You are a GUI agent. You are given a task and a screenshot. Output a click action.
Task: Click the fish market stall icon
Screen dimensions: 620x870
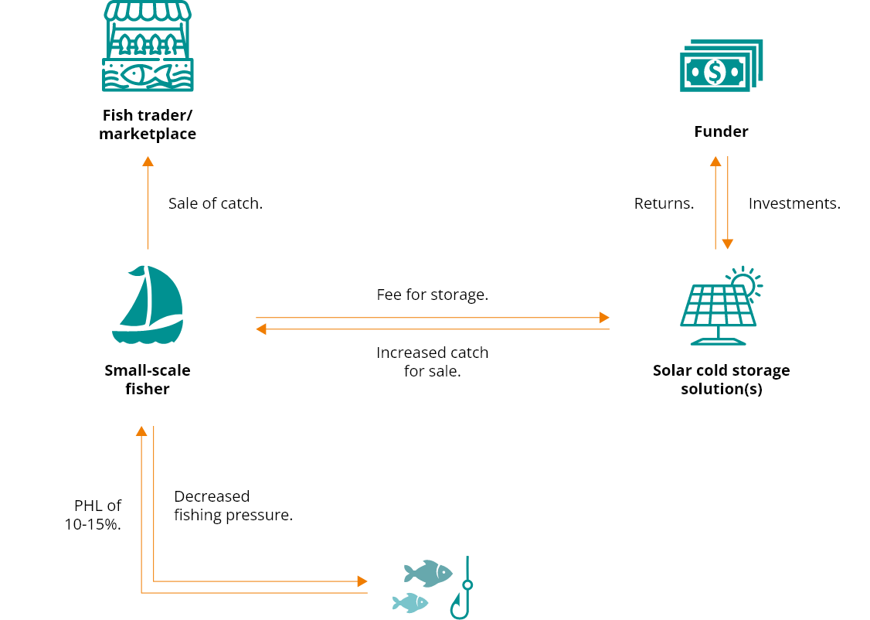click(x=148, y=46)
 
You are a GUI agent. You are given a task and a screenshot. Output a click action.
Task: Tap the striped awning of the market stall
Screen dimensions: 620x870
click(x=148, y=10)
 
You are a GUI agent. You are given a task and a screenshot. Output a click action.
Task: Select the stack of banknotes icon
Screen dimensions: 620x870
click(x=720, y=66)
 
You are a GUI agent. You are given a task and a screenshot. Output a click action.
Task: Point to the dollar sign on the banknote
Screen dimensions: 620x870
click(x=715, y=73)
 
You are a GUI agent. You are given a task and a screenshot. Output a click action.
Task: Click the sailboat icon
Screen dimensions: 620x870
click(x=148, y=305)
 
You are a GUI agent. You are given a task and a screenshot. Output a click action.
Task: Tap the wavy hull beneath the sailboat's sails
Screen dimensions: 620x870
click(x=147, y=333)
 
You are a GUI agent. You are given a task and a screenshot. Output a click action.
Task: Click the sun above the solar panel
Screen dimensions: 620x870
click(x=743, y=282)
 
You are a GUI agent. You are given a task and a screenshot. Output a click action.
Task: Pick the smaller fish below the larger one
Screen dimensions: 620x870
click(x=410, y=602)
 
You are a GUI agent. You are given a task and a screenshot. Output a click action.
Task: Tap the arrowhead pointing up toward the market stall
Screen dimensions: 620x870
click(x=148, y=161)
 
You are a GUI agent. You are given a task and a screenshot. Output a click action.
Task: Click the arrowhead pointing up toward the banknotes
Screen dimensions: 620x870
click(x=715, y=161)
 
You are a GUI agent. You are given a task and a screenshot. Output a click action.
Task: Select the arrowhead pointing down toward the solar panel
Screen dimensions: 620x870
click(x=727, y=244)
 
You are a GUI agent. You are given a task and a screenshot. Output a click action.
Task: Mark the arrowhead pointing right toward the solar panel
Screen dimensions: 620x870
click(x=604, y=318)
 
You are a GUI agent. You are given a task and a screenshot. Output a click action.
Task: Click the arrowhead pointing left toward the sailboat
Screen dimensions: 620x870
click(x=261, y=329)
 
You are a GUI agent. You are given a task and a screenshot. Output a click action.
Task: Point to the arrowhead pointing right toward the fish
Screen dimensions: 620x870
click(x=362, y=581)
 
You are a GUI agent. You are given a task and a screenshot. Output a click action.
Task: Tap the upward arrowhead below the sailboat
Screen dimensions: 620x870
click(x=141, y=431)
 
